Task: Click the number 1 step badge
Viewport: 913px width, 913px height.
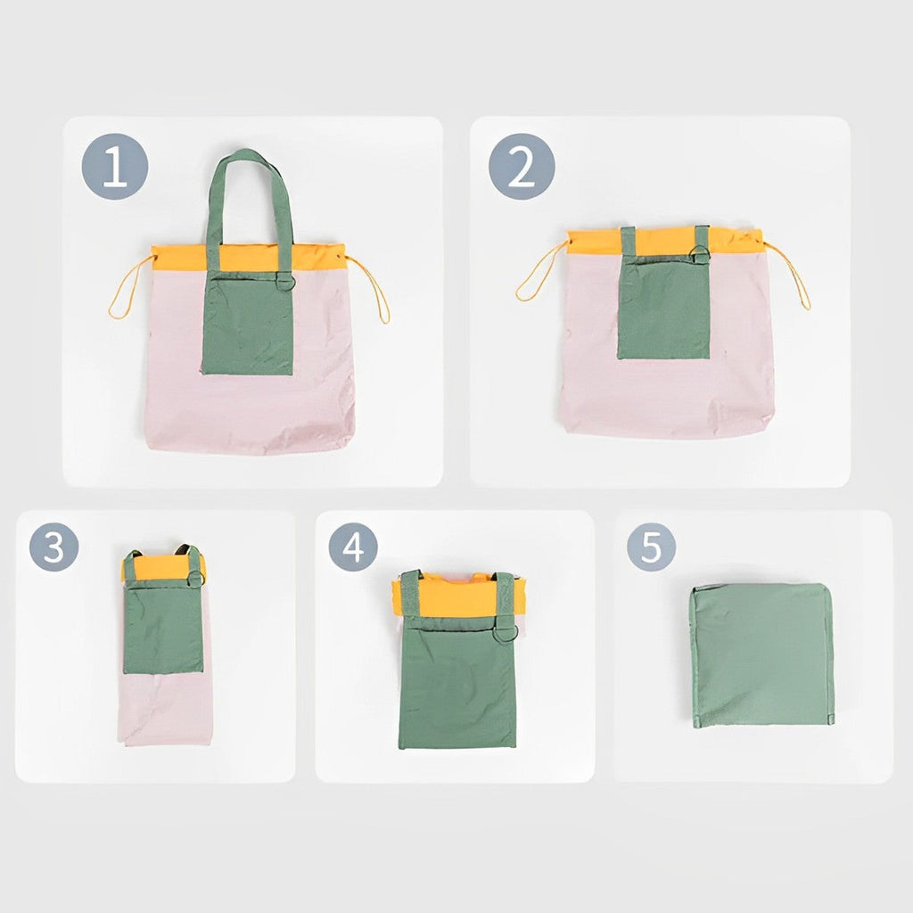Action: [x=114, y=167]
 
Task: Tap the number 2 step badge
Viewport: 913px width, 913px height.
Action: [x=522, y=167]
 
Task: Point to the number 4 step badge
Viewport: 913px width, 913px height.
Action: [x=353, y=547]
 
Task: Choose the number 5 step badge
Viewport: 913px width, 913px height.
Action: [x=651, y=547]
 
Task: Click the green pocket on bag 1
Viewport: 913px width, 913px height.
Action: [x=248, y=326]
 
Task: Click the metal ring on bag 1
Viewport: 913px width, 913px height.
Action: [x=284, y=282]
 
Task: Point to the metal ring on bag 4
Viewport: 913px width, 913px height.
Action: [x=505, y=633]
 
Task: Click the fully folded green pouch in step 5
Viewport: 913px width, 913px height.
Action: [x=762, y=654]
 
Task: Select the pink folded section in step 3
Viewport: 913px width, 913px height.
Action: [x=165, y=709]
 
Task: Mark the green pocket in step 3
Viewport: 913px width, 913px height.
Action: [x=163, y=629]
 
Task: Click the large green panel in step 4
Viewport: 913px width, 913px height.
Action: [x=457, y=687]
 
